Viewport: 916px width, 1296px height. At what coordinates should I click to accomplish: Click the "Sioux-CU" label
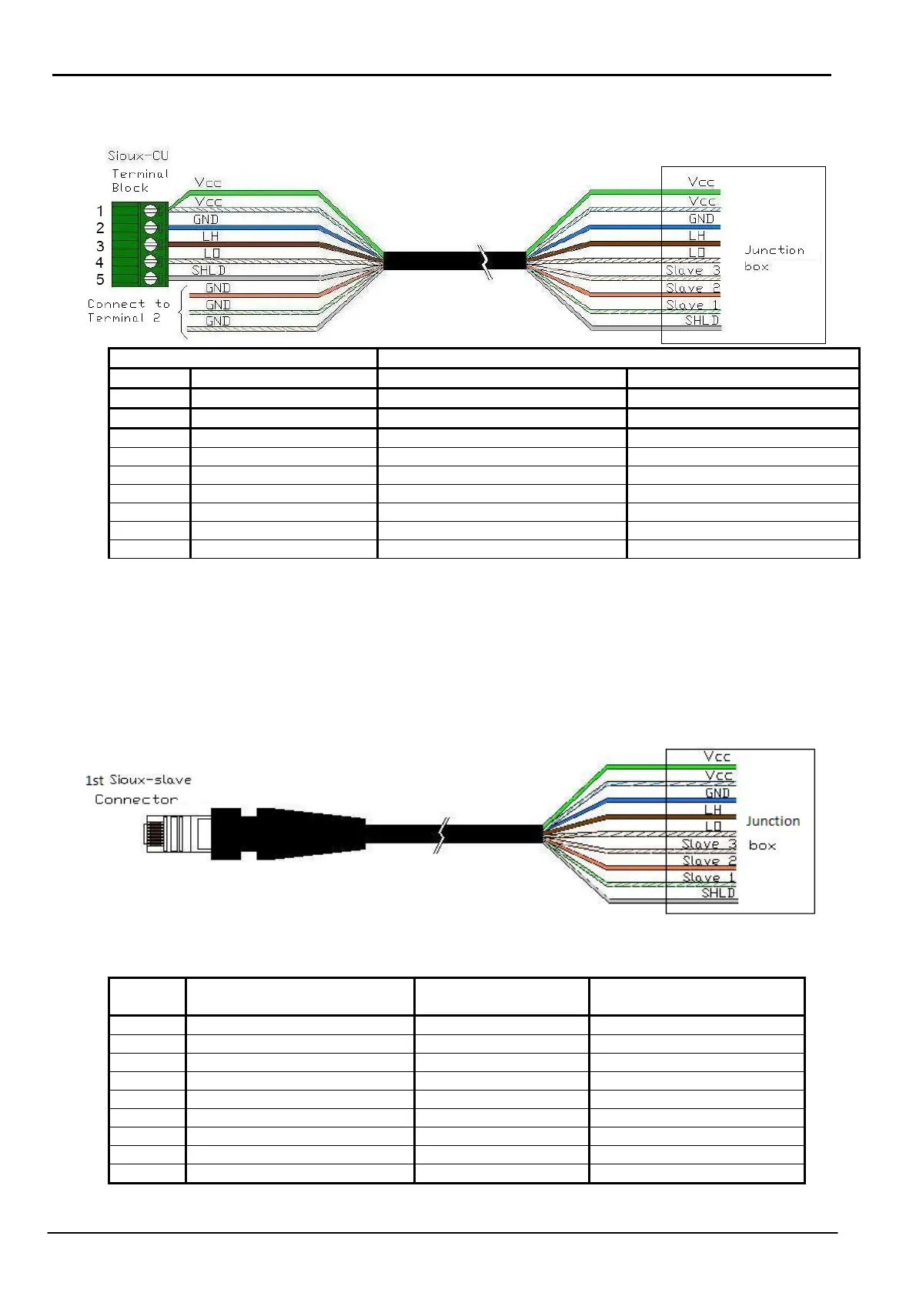(x=138, y=156)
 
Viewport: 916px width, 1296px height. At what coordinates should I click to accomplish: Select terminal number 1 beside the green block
(x=100, y=211)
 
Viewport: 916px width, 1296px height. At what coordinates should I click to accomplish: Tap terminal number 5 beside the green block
(x=100, y=279)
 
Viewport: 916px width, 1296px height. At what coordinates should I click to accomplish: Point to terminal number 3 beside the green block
(x=100, y=246)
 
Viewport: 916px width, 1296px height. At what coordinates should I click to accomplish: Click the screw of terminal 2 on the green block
(x=150, y=228)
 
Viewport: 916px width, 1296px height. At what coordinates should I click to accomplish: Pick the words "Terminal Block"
(x=139, y=181)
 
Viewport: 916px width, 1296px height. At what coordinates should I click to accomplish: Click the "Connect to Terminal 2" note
(x=128, y=311)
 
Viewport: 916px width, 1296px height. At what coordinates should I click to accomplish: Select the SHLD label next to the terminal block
(x=209, y=270)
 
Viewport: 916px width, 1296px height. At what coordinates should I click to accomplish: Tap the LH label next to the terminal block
(x=210, y=236)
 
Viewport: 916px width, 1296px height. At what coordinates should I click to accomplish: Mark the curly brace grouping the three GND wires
(x=182, y=312)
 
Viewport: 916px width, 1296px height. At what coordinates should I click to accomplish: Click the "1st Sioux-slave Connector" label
(x=138, y=790)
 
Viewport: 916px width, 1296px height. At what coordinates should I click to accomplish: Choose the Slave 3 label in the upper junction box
(x=692, y=270)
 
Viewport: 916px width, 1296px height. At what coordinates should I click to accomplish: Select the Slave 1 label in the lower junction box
(x=708, y=877)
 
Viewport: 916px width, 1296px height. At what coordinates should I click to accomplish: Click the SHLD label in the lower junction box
(x=717, y=893)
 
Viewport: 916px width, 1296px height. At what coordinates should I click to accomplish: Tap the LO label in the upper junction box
(x=697, y=252)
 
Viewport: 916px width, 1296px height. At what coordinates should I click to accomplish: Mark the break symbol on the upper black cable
(x=486, y=261)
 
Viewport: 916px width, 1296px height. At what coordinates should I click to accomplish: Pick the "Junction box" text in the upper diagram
(x=774, y=258)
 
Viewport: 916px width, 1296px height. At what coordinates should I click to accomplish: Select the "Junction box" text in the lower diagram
(x=772, y=833)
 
